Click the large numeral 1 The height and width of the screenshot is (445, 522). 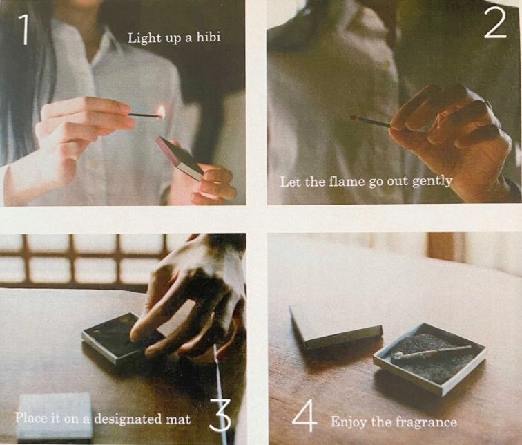(x=24, y=30)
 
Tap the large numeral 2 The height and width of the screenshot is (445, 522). (x=495, y=23)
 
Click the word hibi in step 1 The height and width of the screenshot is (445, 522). (x=209, y=37)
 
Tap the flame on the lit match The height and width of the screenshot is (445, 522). (x=161, y=112)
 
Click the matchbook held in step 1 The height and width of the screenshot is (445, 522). (x=180, y=158)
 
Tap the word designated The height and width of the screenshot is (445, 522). (x=128, y=418)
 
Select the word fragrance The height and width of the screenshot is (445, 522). (x=426, y=423)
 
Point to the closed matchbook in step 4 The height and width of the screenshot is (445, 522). (x=335, y=329)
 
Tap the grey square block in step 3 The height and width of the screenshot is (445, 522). (x=55, y=417)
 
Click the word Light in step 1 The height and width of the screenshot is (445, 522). (x=144, y=38)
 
